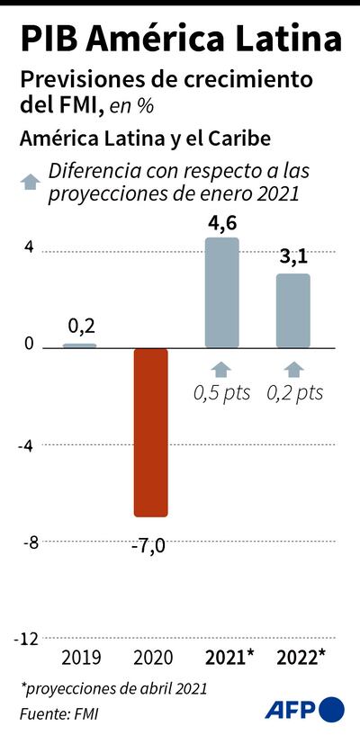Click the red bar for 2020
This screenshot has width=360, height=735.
[150, 432]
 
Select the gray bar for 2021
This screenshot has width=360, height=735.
[222, 293]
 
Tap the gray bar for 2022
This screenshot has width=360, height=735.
[293, 311]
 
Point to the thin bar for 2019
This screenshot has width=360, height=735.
[79, 345]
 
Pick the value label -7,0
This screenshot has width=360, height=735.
[150, 542]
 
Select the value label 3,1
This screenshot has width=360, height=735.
[293, 259]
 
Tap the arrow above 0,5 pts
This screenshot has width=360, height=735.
[222, 368]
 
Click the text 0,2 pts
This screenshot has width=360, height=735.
[293, 393]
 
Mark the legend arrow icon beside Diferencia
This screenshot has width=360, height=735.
[31, 181]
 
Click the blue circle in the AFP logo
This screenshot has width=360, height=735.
[332, 709]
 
